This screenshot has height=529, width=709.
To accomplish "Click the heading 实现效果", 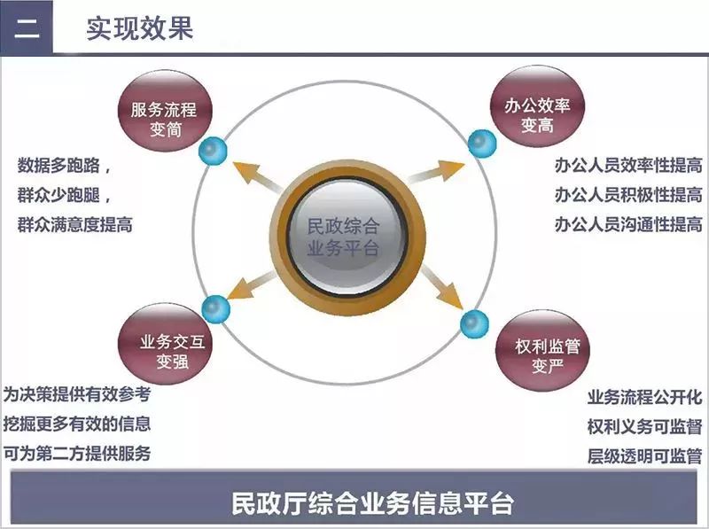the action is click(x=140, y=28).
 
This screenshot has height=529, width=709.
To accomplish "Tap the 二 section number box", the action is click(x=27, y=27).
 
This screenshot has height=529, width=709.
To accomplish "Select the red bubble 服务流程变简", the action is click(x=165, y=111).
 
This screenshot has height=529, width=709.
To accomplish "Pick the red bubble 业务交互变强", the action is click(x=165, y=344).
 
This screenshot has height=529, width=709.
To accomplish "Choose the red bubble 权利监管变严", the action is click(x=542, y=350).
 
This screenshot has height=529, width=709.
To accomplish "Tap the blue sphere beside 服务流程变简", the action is click(x=213, y=151).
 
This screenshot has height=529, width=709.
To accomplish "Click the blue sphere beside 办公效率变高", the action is click(x=482, y=144).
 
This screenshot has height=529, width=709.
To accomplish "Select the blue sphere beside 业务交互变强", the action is click(x=215, y=309).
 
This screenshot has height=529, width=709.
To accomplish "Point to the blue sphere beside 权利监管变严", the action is click(x=474, y=323).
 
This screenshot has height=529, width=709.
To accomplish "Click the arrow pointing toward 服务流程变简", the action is click(x=258, y=175).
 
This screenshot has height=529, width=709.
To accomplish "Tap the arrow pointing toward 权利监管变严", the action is click(x=441, y=288).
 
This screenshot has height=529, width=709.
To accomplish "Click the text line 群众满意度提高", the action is click(x=75, y=224).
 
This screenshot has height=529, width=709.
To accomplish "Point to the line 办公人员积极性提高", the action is click(x=628, y=195).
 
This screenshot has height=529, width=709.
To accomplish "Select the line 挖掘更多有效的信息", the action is click(x=77, y=424).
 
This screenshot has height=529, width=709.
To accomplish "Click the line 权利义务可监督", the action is click(x=645, y=427).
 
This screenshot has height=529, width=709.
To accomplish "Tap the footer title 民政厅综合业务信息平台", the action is click(x=373, y=502).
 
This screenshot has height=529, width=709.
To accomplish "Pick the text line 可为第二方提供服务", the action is click(x=77, y=454).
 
